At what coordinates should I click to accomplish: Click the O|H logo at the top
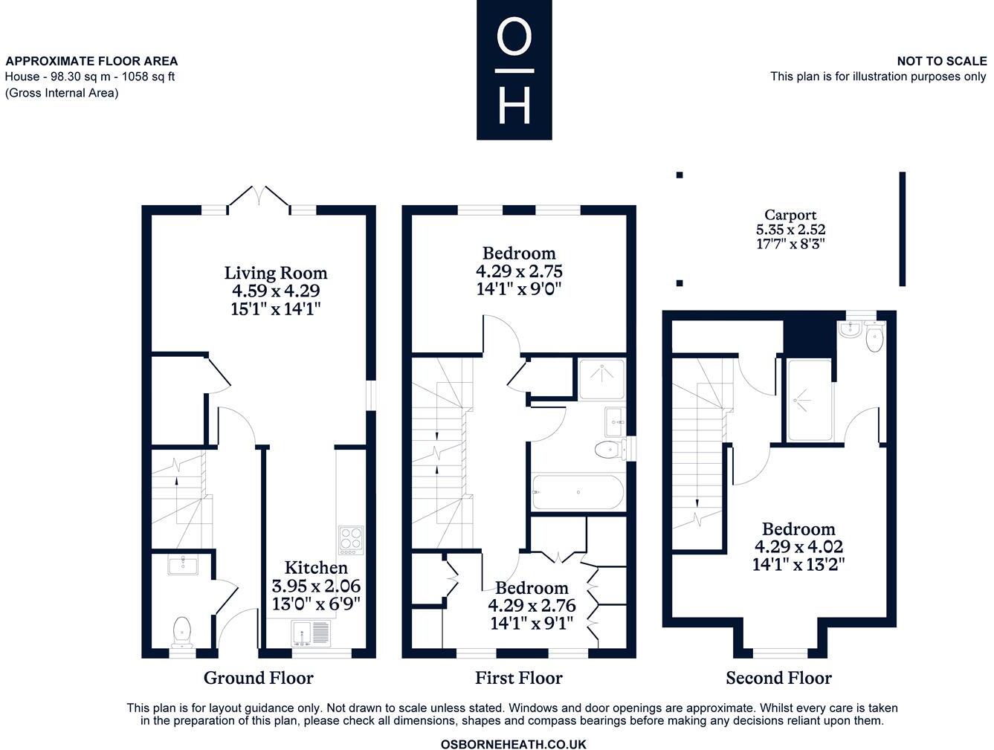(514, 70)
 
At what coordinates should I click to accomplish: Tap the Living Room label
(276, 273)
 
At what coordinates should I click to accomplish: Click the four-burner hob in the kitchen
(350, 540)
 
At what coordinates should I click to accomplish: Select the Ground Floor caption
(258, 678)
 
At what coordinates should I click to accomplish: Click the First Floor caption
(518, 678)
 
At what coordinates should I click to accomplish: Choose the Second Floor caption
(778, 678)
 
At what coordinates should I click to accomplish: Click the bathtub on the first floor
(577, 492)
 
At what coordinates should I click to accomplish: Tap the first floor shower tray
(601, 379)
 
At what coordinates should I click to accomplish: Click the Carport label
(790, 216)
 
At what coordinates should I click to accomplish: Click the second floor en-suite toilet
(875, 339)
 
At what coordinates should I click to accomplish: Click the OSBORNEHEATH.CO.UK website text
(513, 744)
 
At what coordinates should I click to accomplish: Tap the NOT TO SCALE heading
(941, 61)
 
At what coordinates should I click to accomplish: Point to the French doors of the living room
(258, 198)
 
